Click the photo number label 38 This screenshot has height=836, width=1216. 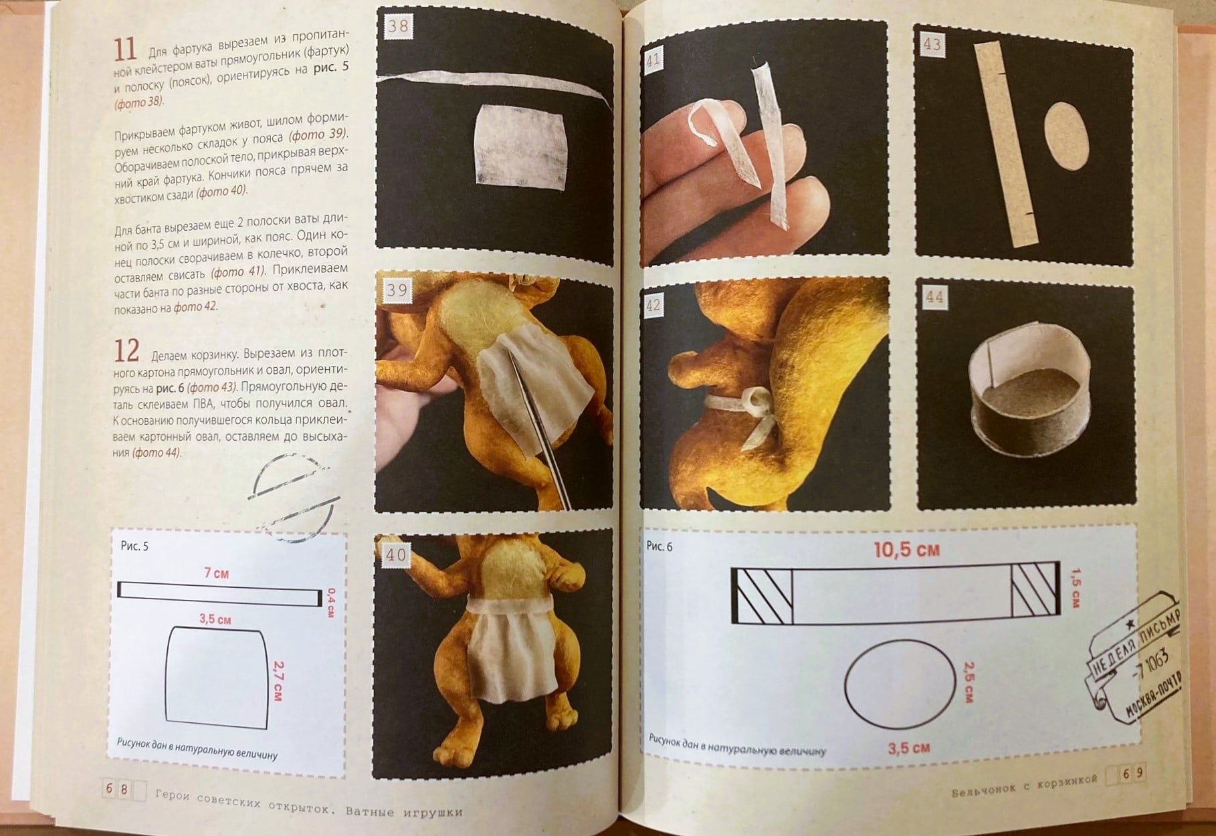click(x=398, y=27)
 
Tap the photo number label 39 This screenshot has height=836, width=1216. click(x=397, y=291)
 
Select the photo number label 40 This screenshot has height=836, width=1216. click(x=396, y=554)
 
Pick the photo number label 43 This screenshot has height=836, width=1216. click(x=932, y=45)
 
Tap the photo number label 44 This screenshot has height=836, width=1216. click(x=934, y=297)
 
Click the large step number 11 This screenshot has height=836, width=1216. click(x=125, y=50)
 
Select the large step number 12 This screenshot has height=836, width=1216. click(x=126, y=350)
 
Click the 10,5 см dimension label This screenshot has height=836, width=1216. click(x=906, y=550)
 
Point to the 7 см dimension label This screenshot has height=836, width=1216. click(x=216, y=573)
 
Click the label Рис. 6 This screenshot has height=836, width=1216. click(x=660, y=546)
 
